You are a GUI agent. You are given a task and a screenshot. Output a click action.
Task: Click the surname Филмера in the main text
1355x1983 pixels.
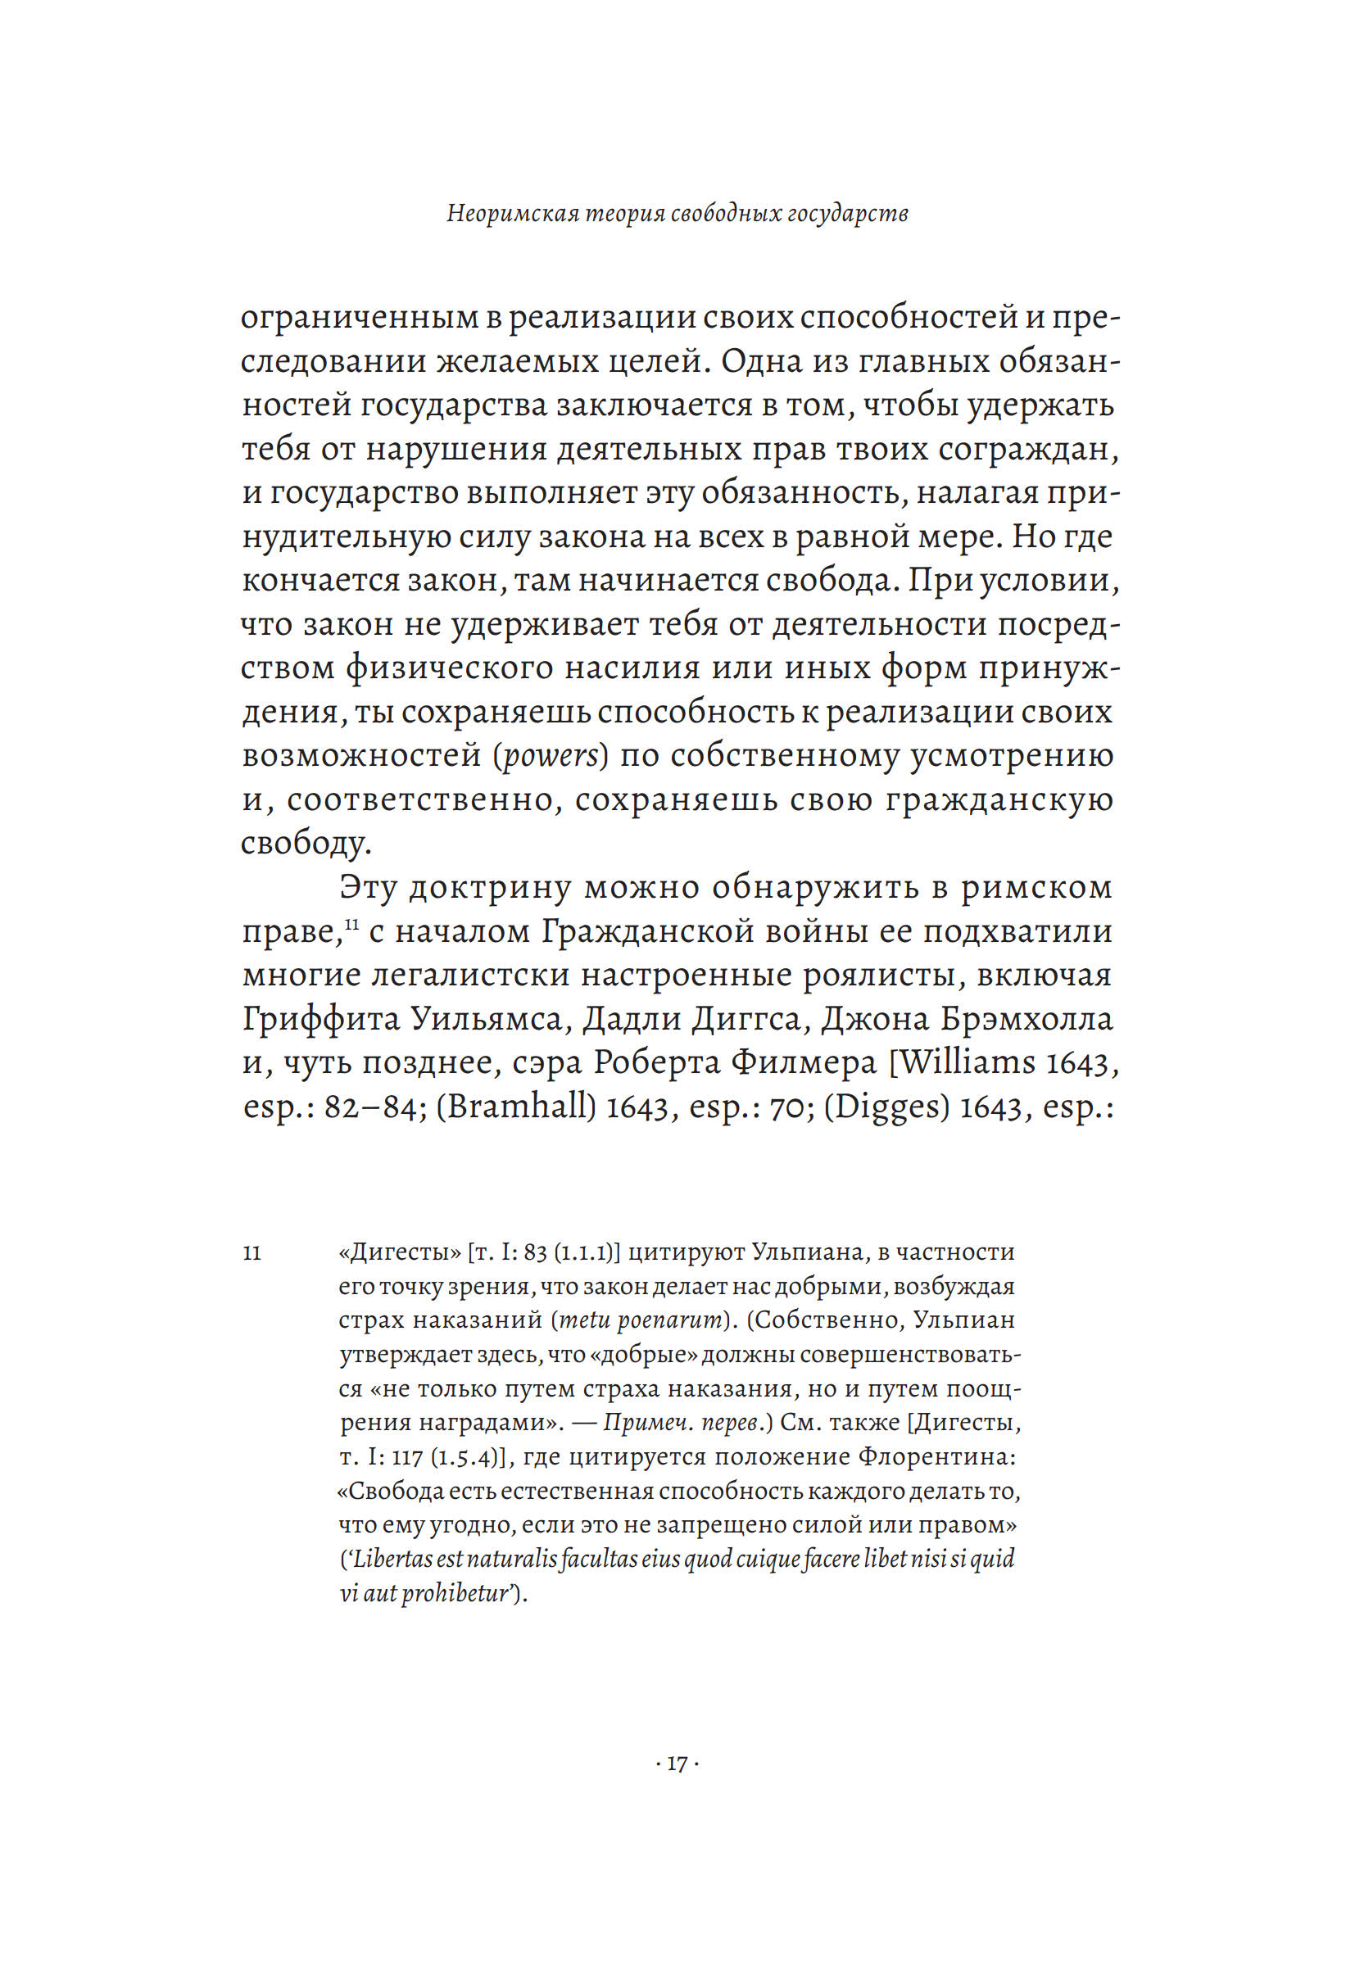[x=797, y=1063]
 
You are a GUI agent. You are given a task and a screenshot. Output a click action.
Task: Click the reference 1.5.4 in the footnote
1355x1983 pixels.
[x=466, y=1457]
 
